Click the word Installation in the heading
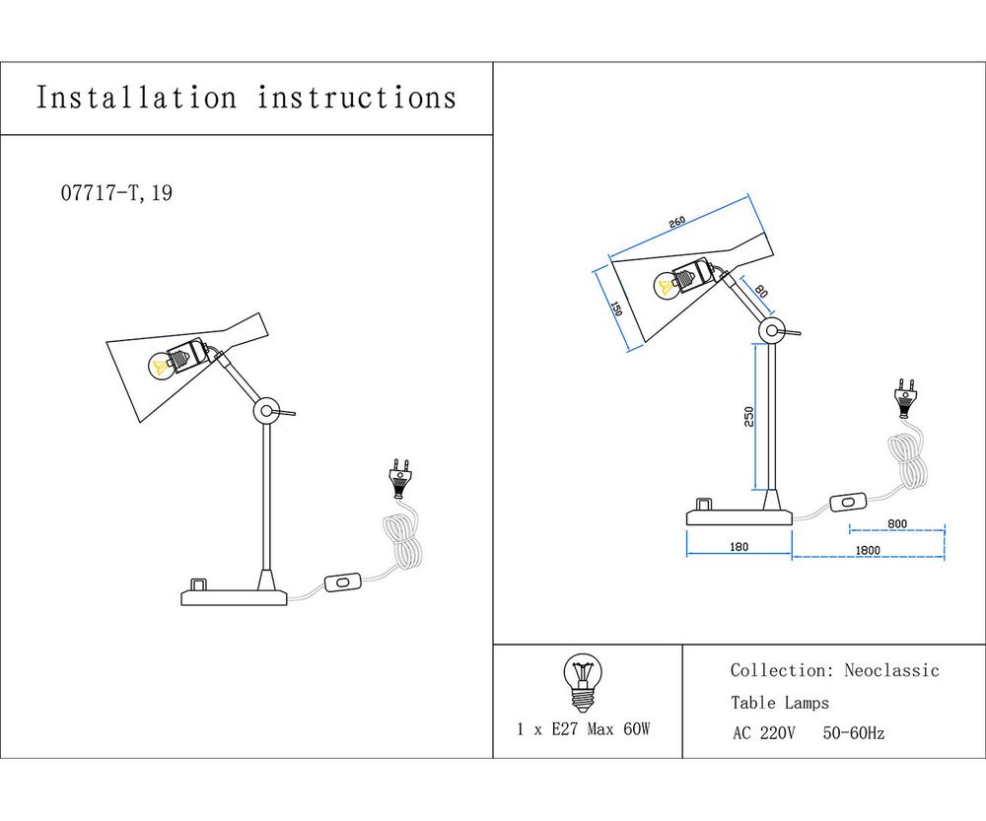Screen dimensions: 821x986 136,98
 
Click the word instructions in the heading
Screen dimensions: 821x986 357,98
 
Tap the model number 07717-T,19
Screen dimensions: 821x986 116,193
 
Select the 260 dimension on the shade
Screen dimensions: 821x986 676,223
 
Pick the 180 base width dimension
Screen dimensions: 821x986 739,546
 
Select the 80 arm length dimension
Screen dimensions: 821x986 760,292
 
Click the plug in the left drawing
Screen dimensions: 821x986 400,478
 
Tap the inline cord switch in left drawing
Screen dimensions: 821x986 341,583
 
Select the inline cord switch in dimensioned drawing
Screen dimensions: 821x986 846,503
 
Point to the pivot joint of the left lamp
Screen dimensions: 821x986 265,411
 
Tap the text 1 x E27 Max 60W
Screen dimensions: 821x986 584,729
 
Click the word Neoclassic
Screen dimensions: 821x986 891,671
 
